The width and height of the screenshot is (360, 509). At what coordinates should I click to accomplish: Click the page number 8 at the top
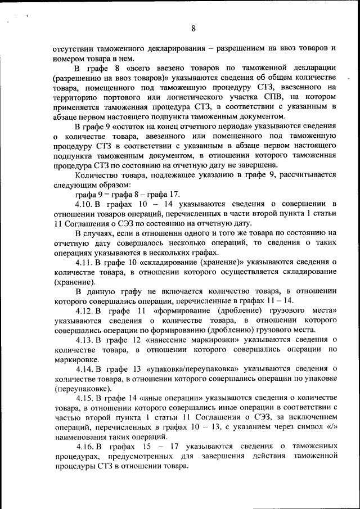193,29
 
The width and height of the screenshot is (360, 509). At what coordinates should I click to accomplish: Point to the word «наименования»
80,437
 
